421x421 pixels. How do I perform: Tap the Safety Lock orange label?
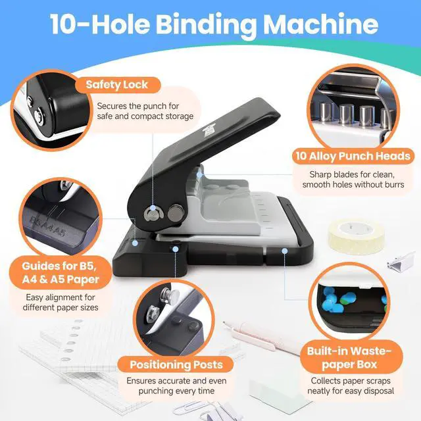pyautogui.click(x=117, y=85)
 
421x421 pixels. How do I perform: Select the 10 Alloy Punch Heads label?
pyautogui.click(x=353, y=156)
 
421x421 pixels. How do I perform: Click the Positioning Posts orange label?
pyautogui.click(x=176, y=364)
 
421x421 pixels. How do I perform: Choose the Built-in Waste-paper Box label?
pyautogui.click(x=350, y=357)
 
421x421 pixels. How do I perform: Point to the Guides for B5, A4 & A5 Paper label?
pyautogui.click(x=61, y=272)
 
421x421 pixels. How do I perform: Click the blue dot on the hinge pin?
pyautogui.click(x=153, y=208)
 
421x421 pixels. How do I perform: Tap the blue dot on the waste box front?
pyautogui.click(x=285, y=251)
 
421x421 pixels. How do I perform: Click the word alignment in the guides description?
pyautogui.click(x=64, y=297)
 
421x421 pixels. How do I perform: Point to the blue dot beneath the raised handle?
pyautogui.click(x=199, y=175)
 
